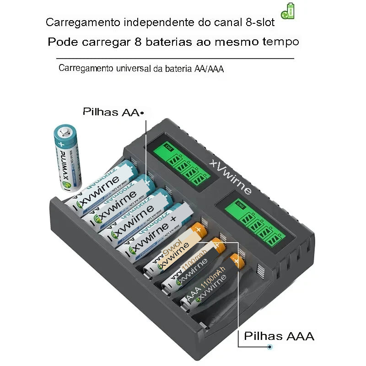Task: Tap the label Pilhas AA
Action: coord(111,112)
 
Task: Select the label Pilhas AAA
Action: coord(279,336)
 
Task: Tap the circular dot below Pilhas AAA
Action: coord(270,347)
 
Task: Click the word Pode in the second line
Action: coord(62,42)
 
